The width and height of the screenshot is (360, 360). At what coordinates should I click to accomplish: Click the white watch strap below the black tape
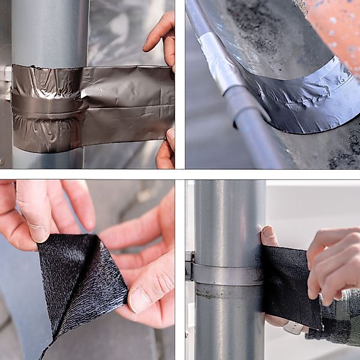tap(292, 328)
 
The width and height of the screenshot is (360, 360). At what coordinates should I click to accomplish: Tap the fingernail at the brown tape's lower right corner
tap(170, 137)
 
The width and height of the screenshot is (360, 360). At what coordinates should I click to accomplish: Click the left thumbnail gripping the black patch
tap(37, 232)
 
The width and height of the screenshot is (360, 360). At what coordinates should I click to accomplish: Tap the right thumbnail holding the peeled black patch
tap(139, 300)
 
